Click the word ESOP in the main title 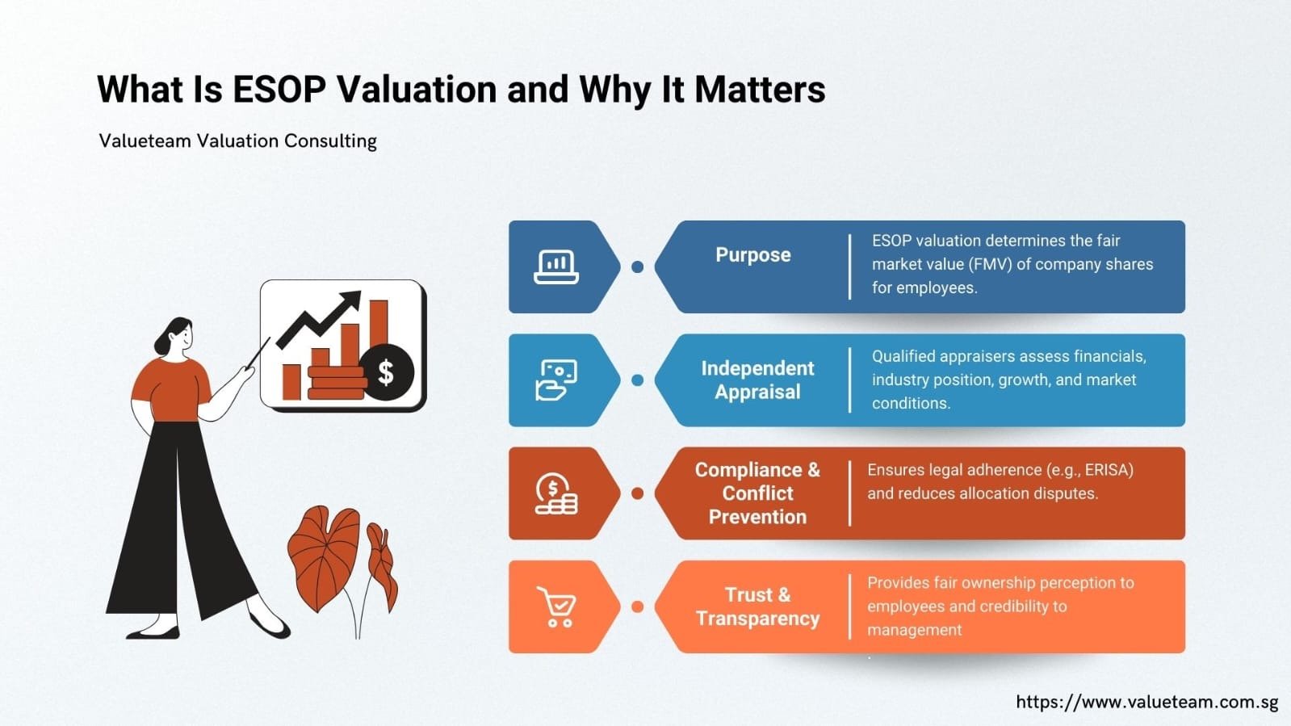point(279,89)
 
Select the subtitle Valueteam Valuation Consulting point(237,141)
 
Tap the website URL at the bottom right point(1146,702)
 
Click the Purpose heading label point(752,255)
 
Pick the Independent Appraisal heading point(757,380)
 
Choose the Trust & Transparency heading point(757,606)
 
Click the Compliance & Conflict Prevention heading point(757,493)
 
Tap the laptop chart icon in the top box point(556,266)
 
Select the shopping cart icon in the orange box point(556,606)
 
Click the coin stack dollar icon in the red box point(556,493)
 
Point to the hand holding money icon point(556,380)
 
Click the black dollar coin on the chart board point(386,372)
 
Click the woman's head point(178,335)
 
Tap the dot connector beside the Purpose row point(637,266)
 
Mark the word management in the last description point(914,630)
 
